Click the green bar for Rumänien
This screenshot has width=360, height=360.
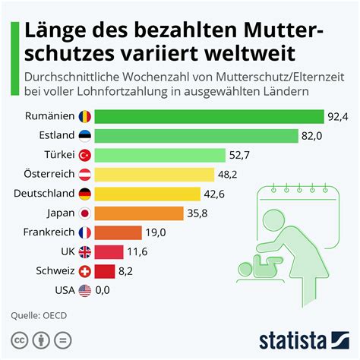click(x=210, y=117)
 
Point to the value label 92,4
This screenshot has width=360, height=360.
click(x=339, y=117)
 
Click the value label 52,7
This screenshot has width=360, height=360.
click(x=241, y=156)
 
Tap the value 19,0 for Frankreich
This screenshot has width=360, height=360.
click(x=156, y=232)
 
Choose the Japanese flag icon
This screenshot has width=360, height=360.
click(x=85, y=213)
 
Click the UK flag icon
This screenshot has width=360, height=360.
click(x=85, y=251)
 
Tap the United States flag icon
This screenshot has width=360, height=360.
click(x=85, y=290)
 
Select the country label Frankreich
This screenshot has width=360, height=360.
click(x=48, y=232)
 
